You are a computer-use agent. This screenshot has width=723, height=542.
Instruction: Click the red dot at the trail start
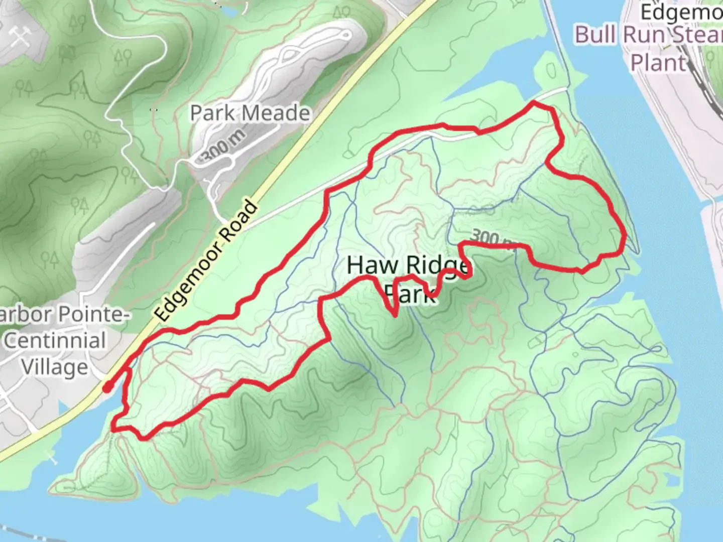[107, 387]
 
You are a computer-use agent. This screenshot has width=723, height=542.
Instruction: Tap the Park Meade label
[250, 113]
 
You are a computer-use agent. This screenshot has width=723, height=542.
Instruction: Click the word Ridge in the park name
[438, 266]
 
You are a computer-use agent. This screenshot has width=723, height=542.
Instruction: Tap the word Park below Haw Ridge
[410, 294]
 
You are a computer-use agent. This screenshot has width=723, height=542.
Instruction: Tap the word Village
[55, 367]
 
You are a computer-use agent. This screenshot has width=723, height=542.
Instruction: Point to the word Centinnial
[55, 340]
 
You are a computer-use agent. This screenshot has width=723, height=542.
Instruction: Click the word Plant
[658, 63]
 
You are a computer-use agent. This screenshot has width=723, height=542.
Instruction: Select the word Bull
[596, 35]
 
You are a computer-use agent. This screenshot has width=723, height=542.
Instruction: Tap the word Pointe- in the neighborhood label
[93, 315]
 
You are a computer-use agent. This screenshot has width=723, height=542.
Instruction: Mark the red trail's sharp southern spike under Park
[396, 316]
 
